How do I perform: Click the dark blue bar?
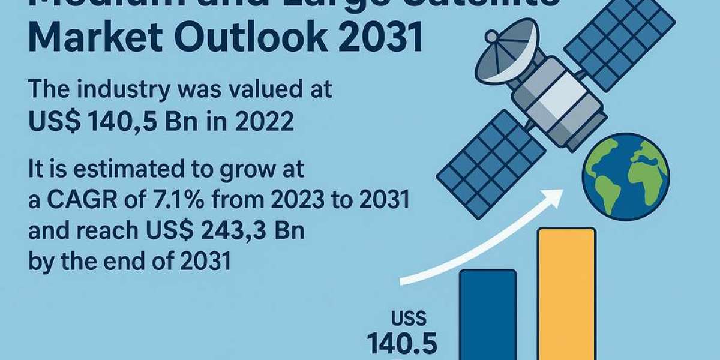pyautogui.click(x=487, y=315)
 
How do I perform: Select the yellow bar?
pyautogui.click(x=566, y=294)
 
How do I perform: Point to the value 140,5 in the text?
pyautogui.click(x=120, y=122)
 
